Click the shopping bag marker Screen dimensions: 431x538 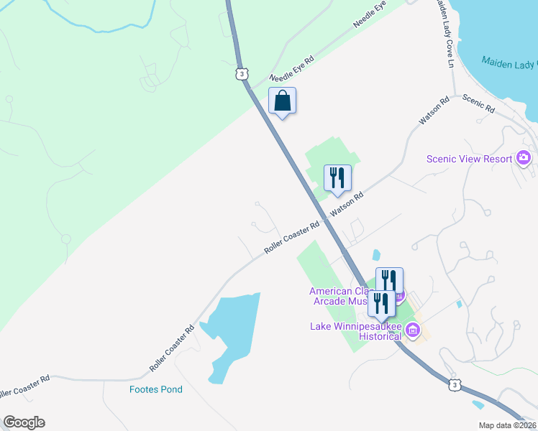coord(282,102)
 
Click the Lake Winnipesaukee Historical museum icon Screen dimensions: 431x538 coord(412,330)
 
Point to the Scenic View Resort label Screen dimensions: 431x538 coord(469,159)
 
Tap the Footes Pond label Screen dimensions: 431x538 coord(156,389)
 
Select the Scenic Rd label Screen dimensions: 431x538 coord(478,104)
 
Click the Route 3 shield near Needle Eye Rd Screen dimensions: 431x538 coord(242,73)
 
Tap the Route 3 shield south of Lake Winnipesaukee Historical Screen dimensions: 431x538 coord(454,385)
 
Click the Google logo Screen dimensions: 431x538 coord(24,422)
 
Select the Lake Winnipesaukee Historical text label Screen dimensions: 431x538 coord(355,331)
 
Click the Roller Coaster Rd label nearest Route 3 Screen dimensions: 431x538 coord(291,238)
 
